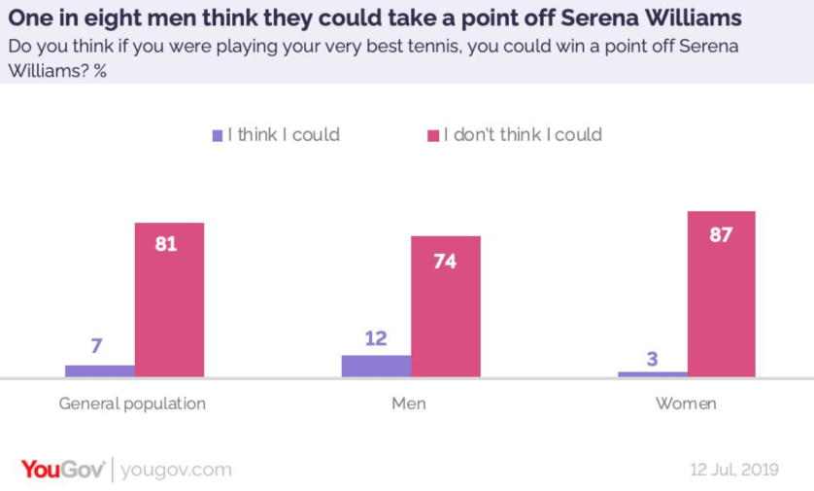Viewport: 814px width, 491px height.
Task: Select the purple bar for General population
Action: point(100,370)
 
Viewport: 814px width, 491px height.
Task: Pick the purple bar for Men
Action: point(376,366)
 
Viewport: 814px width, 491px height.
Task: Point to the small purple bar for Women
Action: point(652,373)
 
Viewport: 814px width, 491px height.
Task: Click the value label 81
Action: point(166,244)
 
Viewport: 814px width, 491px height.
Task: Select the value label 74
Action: point(445,261)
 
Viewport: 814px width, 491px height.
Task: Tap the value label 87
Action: point(720,234)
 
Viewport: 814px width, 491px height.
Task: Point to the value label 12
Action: point(376,338)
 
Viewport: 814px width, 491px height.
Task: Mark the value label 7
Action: point(97,346)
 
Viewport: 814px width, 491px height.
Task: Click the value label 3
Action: point(652,359)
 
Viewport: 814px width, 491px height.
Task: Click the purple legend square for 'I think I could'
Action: point(218,136)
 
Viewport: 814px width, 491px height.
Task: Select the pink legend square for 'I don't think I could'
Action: point(433,136)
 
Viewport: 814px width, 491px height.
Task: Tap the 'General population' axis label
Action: point(132,403)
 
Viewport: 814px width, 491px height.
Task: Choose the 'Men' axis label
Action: point(409,403)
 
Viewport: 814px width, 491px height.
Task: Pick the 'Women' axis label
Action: point(686,403)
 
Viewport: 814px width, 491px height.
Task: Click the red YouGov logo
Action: point(62,470)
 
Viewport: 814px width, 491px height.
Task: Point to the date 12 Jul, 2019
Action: point(734,470)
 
